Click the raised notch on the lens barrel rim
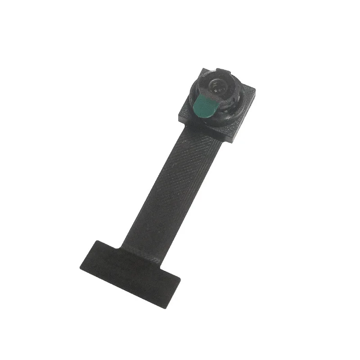pyautogui.click(x=221, y=71)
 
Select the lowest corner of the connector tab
pyautogui.click(x=165, y=309)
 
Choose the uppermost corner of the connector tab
pyautogui.click(x=96, y=240)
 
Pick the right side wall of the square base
pyautogui.click(x=247, y=118)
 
